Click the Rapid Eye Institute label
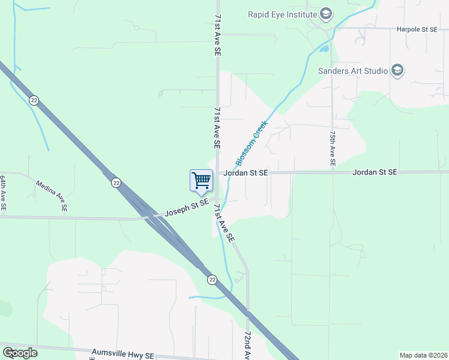click(282, 14)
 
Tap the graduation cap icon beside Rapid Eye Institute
click(325, 14)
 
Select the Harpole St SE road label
click(416, 29)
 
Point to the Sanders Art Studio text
click(352, 71)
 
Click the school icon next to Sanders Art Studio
click(397, 71)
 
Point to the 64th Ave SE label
click(3, 193)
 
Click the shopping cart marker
click(201, 180)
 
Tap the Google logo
click(20, 353)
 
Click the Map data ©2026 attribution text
click(423, 355)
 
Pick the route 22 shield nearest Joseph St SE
click(116, 182)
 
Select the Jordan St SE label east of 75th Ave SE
click(375, 172)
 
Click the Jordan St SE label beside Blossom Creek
click(246, 173)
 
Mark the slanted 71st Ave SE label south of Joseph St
click(223, 223)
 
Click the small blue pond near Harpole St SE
click(324, 48)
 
